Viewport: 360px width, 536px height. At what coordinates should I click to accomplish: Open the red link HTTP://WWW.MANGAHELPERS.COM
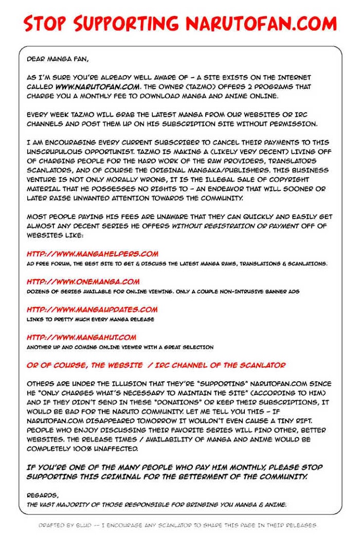point(93,254)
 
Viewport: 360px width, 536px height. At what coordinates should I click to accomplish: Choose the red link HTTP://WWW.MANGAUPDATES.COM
point(92,309)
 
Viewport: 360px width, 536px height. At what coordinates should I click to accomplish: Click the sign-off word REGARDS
point(42,495)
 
